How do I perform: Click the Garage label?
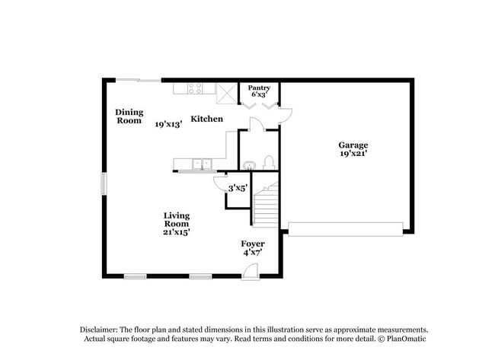click(353, 145)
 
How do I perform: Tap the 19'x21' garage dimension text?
click(353, 154)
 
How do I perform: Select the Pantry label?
click(258, 88)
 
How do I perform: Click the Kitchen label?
click(206, 119)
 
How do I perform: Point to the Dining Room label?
click(129, 116)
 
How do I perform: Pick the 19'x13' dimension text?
click(168, 123)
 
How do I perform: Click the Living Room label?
click(176, 220)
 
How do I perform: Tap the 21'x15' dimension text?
click(176, 232)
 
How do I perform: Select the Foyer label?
click(252, 244)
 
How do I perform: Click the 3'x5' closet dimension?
click(238, 188)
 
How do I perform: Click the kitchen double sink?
click(202, 163)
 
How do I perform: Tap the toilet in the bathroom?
click(267, 162)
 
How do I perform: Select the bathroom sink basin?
click(249, 164)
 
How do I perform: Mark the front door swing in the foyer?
click(253, 269)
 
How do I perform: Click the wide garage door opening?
click(345, 228)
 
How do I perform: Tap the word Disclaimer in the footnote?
click(104, 329)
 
